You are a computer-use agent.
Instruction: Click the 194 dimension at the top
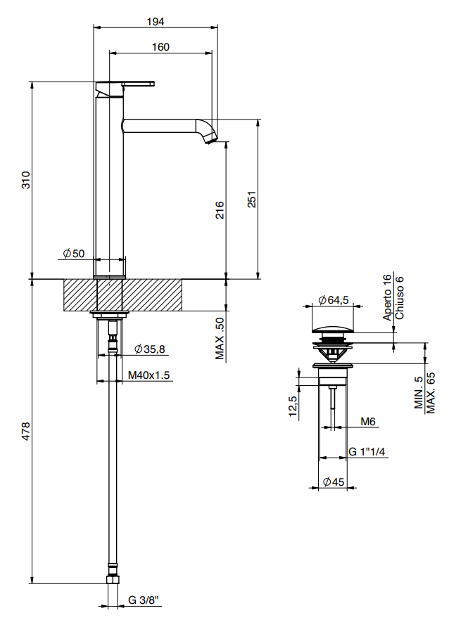click(156, 22)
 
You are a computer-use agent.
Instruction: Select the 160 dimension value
click(160, 47)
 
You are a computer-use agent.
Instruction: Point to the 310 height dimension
click(25, 180)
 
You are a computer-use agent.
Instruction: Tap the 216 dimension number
click(220, 210)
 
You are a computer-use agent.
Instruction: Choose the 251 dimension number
click(251, 199)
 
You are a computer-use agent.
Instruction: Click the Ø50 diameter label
click(74, 253)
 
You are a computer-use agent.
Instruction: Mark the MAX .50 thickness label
click(220, 338)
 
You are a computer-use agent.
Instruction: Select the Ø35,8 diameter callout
click(150, 349)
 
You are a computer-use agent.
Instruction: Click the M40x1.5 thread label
click(148, 375)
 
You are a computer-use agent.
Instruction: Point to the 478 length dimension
click(25, 431)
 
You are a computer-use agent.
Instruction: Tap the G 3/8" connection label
click(144, 600)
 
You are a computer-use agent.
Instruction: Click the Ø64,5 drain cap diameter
click(333, 299)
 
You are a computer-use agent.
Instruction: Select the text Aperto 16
click(387, 297)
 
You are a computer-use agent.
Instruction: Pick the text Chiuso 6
click(400, 298)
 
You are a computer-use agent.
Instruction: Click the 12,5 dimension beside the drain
click(293, 406)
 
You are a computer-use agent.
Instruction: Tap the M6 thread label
click(367, 422)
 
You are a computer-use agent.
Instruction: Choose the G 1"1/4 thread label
click(367, 451)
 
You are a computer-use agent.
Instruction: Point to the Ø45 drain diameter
click(334, 481)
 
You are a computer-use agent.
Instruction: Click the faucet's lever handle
click(138, 84)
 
